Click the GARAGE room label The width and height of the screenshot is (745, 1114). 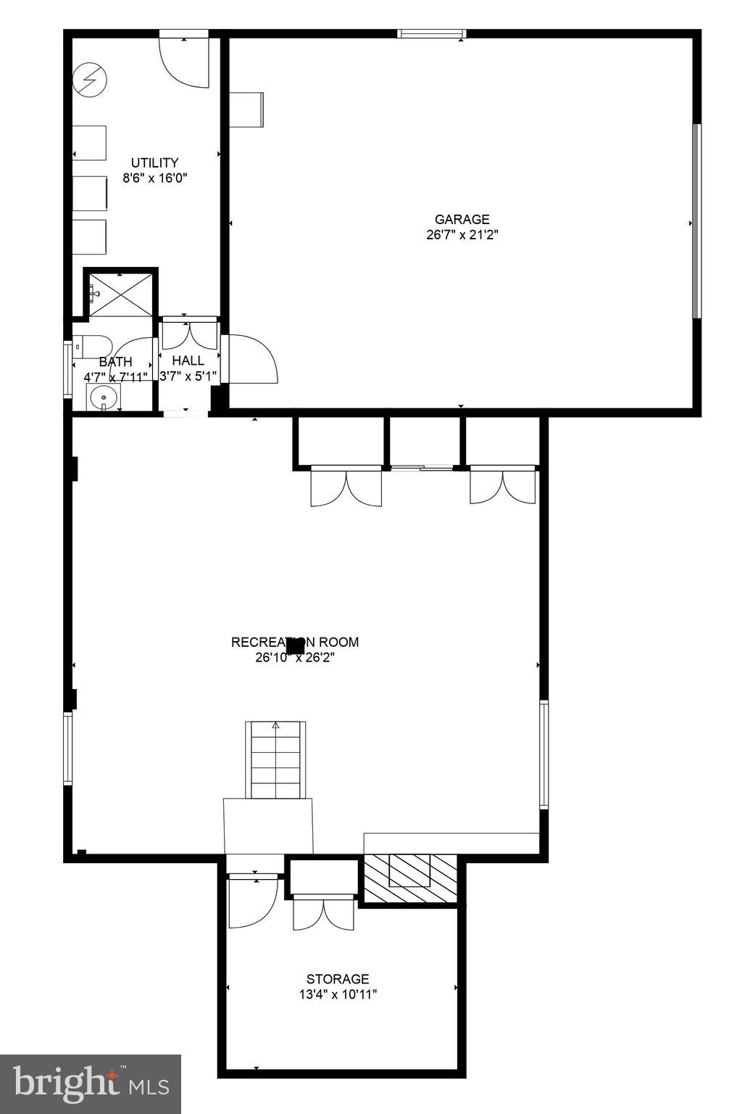coord(462,219)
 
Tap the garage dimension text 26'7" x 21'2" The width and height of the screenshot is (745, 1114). coord(462,235)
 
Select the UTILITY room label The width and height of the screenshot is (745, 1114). coord(154,162)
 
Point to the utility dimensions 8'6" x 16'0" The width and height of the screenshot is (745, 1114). coord(154,178)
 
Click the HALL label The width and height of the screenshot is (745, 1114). coord(188,360)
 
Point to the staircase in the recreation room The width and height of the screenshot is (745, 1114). coord(275,759)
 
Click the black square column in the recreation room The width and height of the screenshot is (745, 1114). coord(295,645)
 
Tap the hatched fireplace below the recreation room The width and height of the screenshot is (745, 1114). coord(410,878)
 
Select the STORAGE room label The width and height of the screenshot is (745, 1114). coord(337,979)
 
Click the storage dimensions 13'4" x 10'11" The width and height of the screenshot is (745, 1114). coord(337,994)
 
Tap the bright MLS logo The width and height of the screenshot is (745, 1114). coord(91,1084)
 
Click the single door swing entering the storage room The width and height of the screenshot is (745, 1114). coord(252,902)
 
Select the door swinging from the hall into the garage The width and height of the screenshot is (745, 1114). coord(250,358)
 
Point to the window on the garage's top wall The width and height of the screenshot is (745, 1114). coord(431,33)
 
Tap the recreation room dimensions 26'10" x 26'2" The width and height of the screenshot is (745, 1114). coord(294,658)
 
